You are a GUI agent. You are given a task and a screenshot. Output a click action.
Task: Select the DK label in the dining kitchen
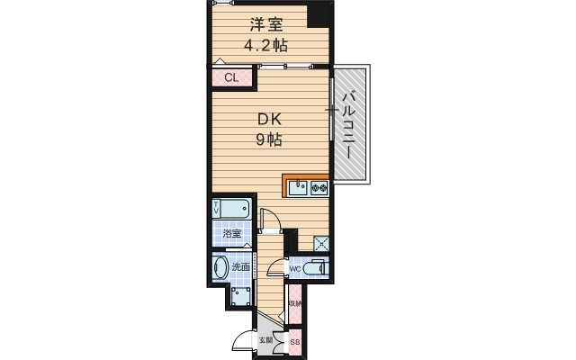pyautogui.click(x=271, y=118)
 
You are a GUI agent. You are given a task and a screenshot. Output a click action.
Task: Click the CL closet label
pyautogui.click(x=232, y=78)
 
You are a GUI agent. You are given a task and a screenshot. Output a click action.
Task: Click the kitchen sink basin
pyautogui.click(x=297, y=189)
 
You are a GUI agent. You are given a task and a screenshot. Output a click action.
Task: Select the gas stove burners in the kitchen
pyautogui.click(x=318, y=189)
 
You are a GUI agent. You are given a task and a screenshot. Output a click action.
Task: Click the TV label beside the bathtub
pyautogui.click(x=217, y=209)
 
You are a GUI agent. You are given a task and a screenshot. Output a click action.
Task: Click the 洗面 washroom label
pyautogui.click(x=240, y=266)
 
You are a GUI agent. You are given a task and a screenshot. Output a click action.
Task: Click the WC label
pyautogui.click(x=293, y=269)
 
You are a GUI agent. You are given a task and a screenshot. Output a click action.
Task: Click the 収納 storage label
pyautogui.click(x=295, y=303)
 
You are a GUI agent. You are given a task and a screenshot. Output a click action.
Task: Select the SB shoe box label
pyautogui.click(x=293, y=343)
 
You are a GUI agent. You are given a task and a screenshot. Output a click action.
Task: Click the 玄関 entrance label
pyautogui.click(x=265, y=339)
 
